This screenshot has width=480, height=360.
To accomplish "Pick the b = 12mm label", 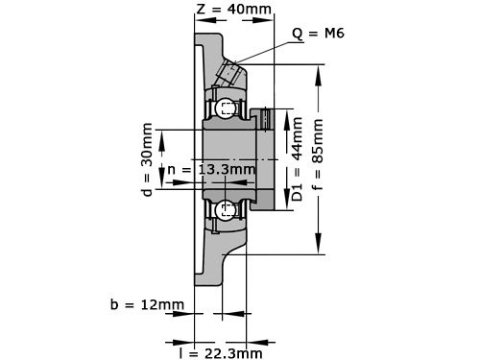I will [x=147, y=305].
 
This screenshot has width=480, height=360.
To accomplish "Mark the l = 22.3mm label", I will [x=220, y=352].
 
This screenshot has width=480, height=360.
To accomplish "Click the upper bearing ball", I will [x=226, y=108].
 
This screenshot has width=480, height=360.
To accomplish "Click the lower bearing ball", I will [x=226, y=209].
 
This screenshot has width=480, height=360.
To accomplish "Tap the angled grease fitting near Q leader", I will [x=230, y=72].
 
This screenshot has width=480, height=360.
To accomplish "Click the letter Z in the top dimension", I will [x=201, y=10].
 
